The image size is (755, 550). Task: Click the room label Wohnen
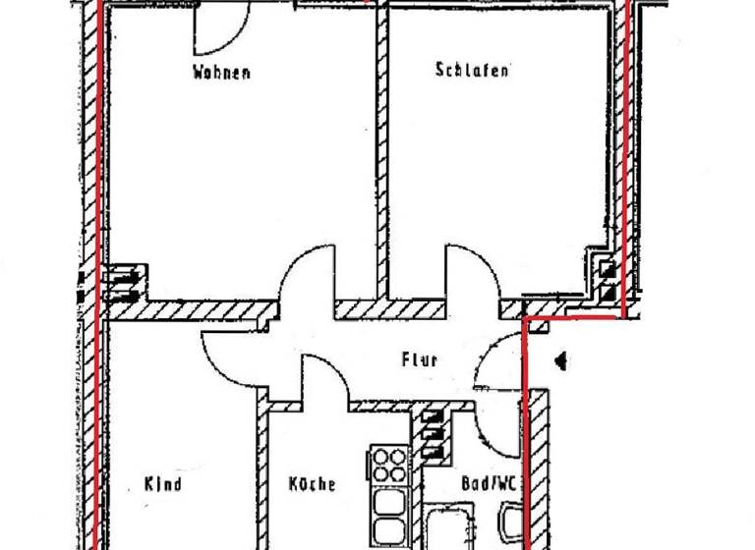(221, 72)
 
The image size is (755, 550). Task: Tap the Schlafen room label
(472, 70)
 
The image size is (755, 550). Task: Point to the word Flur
(419, 359)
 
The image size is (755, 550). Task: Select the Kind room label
(163, 484)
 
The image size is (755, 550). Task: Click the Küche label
(312, 484)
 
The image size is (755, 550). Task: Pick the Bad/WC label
(488, 484)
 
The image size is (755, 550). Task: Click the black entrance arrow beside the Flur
(561, 361)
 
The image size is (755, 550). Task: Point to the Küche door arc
(324, 378)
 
